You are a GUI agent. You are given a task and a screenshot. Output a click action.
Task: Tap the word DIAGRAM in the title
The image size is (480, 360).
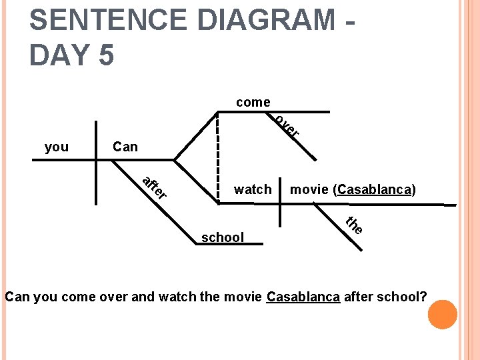pos(269,20)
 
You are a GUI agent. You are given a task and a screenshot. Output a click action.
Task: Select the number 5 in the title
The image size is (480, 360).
pos(105,55)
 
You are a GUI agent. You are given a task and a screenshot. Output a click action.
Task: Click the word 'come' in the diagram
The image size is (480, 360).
pos(253,102)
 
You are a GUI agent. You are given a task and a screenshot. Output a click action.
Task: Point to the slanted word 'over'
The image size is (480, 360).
pos(287,126)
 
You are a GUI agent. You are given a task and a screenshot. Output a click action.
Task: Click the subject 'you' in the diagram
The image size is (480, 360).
pos(57,147)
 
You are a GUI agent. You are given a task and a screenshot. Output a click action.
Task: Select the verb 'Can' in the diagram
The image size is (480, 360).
pos(125,147)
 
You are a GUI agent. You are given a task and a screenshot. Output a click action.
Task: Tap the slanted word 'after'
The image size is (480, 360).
pos(154,187)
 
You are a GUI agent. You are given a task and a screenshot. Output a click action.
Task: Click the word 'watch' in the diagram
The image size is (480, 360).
pos(253,189)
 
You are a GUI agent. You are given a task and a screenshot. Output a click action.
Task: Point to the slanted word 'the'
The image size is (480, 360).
pos(354,225)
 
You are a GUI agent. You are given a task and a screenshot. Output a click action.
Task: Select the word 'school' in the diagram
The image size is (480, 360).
pos(223,237)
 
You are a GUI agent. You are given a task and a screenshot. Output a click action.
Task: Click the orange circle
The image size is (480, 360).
pos(442,315)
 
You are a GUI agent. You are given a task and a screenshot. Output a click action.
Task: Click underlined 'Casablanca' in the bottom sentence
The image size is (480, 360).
pos(303,296)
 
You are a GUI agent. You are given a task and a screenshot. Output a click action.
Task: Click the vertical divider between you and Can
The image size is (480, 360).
pos(97,153)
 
